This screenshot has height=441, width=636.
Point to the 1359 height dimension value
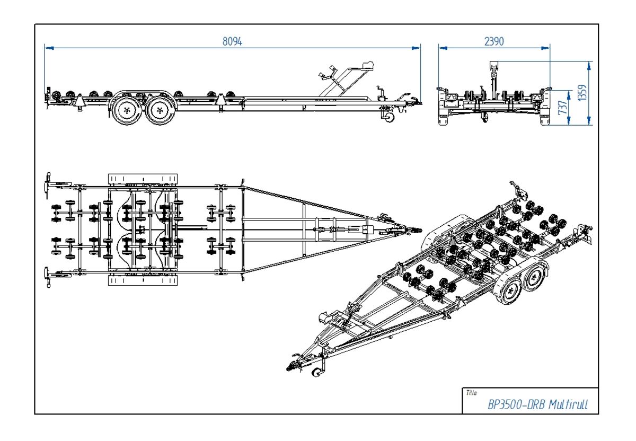click(582, 93)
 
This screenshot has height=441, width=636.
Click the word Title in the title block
click(472, 393)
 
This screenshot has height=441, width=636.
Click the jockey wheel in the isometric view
click(317, 372)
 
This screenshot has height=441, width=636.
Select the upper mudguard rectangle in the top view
click(143, 179)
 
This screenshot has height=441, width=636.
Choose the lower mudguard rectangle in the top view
click(143, 280)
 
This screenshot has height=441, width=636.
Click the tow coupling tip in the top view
click(419, 231)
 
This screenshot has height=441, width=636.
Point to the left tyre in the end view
click(444, 118)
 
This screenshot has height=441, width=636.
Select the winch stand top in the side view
click(367, 65)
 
